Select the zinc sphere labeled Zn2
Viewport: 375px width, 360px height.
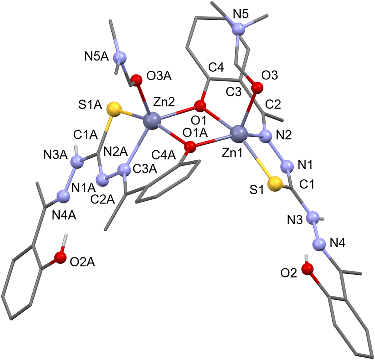point(152,121)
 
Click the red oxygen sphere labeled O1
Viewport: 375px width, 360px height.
point(200,106)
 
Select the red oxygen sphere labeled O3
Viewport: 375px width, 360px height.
point(257,87)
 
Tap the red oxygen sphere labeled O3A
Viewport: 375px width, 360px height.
point(136,80)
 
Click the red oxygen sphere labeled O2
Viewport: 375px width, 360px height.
point(308,269)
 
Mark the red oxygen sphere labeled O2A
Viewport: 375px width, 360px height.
point(60,257)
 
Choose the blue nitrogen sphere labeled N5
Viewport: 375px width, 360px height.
point(238,30)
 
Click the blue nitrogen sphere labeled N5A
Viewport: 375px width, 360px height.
point(119,58)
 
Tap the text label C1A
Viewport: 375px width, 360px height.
point(85,135)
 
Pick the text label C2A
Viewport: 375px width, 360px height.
point(102,199)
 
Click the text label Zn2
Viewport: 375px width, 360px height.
point(164,103)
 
